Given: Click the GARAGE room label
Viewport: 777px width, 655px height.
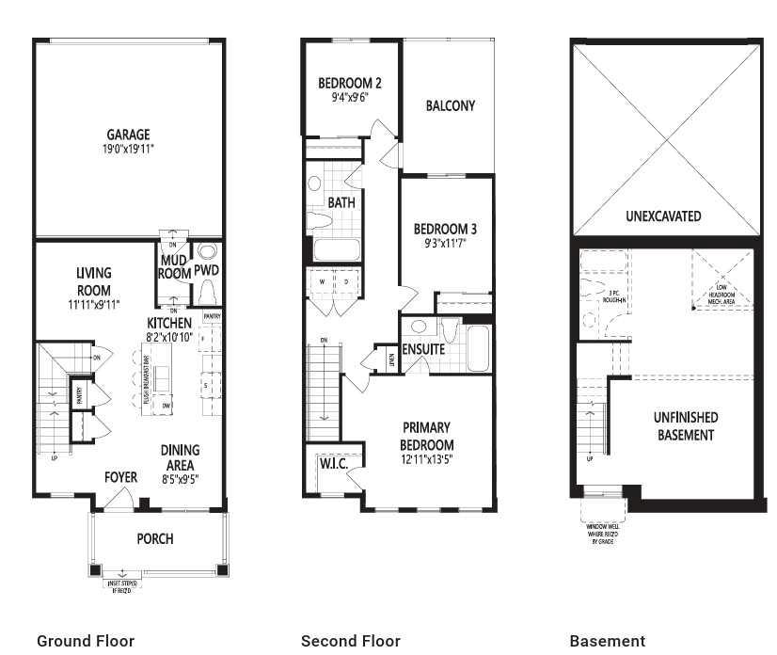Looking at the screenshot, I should (x=128, y=135).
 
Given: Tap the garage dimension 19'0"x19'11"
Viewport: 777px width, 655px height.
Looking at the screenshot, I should (x=128, y=149).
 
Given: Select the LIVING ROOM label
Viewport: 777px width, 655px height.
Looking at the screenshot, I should (x=93, y=281).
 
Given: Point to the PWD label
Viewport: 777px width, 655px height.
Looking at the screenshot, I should (x=206, y=271).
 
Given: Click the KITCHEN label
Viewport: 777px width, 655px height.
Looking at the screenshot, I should (x=169, y=323).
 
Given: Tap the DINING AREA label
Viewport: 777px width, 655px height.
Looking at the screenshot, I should (x=179, y=457).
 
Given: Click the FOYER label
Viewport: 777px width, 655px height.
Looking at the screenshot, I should (x=120, y=477).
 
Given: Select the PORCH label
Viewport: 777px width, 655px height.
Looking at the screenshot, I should (x=154, y=538).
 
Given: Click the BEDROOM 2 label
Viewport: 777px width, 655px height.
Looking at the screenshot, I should (x=349, y=81).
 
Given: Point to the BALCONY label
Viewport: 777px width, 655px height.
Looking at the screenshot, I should (x=450, y=105).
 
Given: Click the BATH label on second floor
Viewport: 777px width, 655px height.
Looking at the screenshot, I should (x=341, y=202).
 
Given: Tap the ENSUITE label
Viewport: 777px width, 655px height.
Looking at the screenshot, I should (x=423, y=349).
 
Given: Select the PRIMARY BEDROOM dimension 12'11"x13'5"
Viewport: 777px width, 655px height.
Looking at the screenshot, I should (x=427, y=459).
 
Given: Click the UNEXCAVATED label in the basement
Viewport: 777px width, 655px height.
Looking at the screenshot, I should (x=663, y=216).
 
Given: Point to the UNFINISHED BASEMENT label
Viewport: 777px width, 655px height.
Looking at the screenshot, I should (x=685, y=425).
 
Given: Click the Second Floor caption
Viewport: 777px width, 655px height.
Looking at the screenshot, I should (x=350, y=641).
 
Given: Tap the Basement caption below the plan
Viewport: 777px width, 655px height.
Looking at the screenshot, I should (x=607, y=641).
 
